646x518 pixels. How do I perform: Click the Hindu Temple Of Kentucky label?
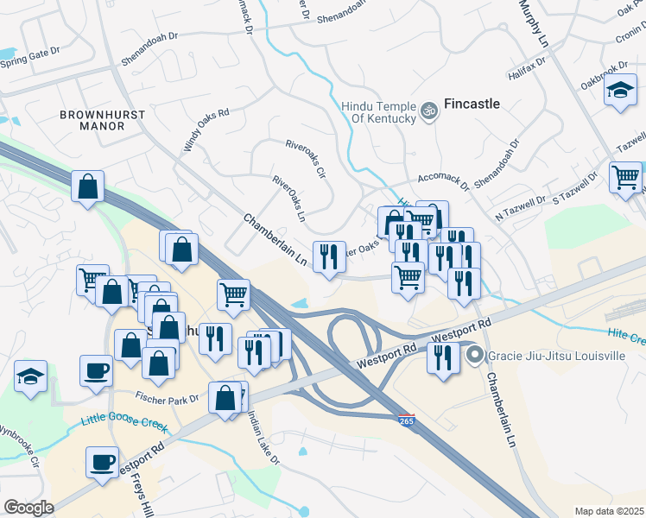[379, 111]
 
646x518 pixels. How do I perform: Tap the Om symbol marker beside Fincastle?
[427, 111]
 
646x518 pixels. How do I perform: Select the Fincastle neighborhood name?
[472, 104]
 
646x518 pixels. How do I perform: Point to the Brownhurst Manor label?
[92, 120]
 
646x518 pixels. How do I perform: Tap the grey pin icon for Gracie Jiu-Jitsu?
[474, 355]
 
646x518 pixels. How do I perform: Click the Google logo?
[28, 508]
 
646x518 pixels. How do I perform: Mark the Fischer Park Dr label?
[167, 396]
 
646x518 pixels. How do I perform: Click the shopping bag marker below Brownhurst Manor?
[88, 187]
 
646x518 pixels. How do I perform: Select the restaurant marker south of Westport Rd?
[443, 357]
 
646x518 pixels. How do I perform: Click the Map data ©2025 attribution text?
[610, 511]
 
